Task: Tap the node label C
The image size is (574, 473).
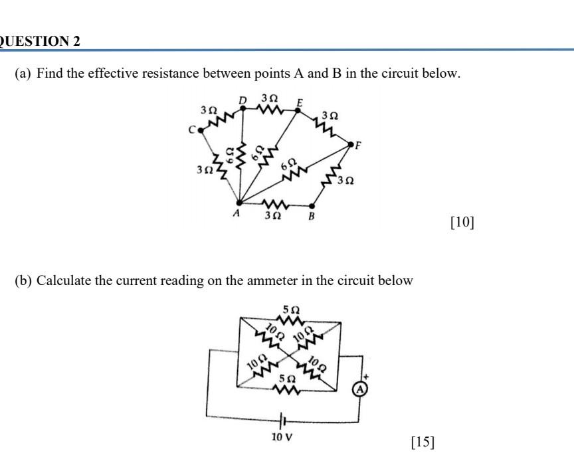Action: point(191,130)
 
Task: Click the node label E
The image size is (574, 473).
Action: point(300,102)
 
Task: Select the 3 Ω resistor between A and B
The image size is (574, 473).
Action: point(274,203)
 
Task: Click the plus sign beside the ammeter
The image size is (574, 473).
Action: point(364,377)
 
